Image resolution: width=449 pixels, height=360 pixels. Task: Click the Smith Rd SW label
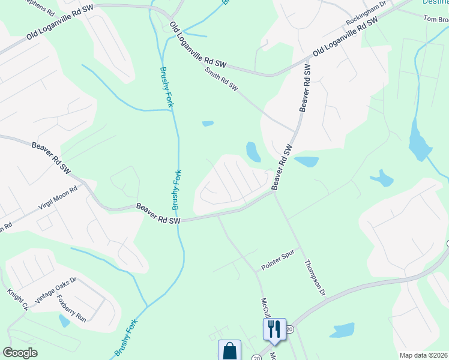point(221,79)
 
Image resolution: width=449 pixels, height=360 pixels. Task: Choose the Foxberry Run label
point(71,308)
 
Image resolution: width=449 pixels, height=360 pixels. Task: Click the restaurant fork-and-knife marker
point(274,328)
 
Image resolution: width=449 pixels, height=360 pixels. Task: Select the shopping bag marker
point(229,350)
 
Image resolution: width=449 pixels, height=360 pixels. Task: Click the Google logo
point(20,353)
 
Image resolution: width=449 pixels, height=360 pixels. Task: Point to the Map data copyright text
point(423,355)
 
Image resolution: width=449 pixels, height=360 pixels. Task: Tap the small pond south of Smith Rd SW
point(208,124)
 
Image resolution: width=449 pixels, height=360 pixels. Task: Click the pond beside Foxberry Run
point(64,321)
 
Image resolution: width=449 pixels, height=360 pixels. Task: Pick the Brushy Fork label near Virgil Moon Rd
point(177,190)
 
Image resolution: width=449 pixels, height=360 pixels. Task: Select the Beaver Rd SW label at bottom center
point(158,214)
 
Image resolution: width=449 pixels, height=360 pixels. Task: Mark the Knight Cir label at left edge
point(17,299)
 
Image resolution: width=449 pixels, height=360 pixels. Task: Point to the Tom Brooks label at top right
point(436,19)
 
